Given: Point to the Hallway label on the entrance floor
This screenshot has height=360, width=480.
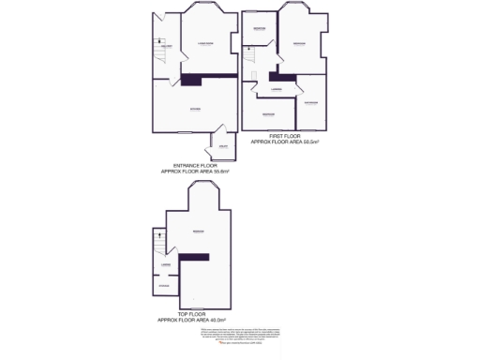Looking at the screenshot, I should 166,46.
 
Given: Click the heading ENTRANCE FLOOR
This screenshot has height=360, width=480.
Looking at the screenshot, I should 195,166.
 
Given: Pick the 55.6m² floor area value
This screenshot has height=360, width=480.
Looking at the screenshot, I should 221,172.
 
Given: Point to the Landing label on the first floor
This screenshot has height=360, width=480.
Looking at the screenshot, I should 277,89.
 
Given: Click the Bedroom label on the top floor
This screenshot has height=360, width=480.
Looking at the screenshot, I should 199,232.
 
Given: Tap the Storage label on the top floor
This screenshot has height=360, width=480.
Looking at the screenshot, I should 164,284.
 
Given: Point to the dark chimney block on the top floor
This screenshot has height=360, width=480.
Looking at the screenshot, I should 195,257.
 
